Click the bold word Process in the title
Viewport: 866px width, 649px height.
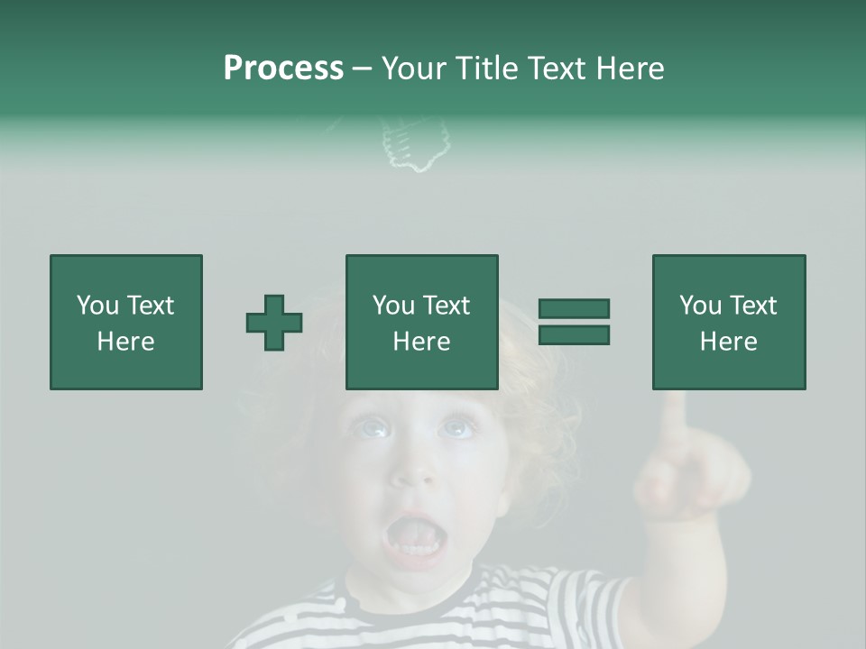coord(283,69)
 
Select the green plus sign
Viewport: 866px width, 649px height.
coord(274,322)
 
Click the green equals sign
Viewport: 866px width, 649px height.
coord(574,322)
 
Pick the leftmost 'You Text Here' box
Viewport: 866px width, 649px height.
coord(126,322)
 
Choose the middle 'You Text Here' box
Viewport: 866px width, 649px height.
coord(422,322)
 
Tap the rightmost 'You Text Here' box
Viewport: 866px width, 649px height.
coord(729,322)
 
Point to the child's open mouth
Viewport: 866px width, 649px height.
coord(416,540)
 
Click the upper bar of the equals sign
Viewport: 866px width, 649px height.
coord(574,309)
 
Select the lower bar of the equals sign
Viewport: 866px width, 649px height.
coord(574,334)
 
